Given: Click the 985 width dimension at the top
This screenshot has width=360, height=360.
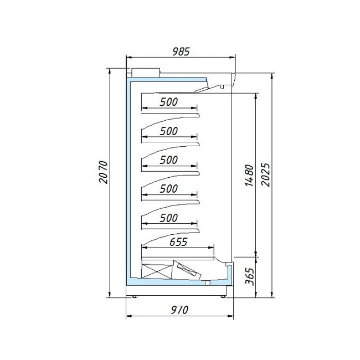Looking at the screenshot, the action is click(181, 52).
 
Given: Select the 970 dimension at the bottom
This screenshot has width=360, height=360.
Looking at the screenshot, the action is click(179, 310).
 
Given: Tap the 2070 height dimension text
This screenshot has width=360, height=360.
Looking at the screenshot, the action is click(104, 172).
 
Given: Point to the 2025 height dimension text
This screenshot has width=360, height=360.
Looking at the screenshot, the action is click(266, 174).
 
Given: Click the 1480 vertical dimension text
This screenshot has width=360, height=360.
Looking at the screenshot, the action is click(249, 176).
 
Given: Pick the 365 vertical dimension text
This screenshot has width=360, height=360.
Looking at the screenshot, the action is click(250, 276).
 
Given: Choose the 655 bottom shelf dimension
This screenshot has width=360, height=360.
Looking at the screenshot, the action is click(178, 242).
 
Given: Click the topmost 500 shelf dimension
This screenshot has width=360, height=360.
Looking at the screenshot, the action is click(169, 102).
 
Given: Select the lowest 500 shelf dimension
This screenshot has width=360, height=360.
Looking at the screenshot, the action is click(169, 218).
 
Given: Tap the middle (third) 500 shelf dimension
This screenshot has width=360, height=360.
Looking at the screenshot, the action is click(169, 160).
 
